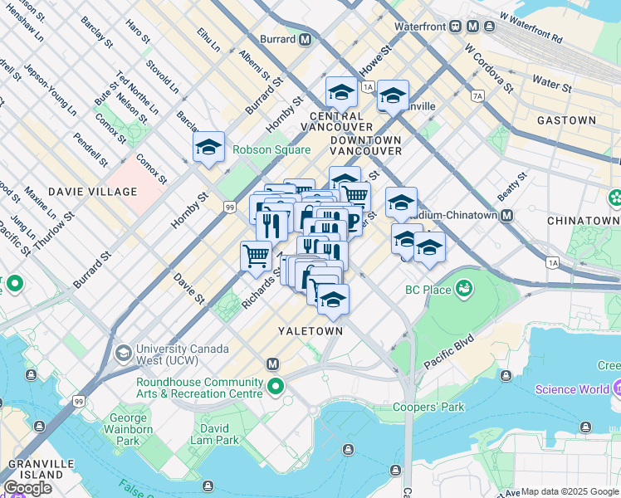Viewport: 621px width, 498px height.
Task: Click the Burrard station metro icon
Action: pyautogui.click(x=306, y=39)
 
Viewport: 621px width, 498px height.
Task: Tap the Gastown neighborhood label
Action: pyautogui.click(x=566, y=120)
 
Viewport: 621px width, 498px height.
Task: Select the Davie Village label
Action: pyautogui.click(x=92, y=192)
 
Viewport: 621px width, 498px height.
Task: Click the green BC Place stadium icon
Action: pyautogui.click(x=464, y=289)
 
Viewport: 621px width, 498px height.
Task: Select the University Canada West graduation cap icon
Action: pyautogui.click(x=123, y=354)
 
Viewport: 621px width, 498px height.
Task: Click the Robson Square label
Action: pyautogui.click(x=271, y=150)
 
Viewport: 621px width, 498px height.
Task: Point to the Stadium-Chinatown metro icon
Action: pyautogui.click(x=506, y=215)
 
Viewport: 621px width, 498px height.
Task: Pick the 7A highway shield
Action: pyautogui.click(x=477, y=96)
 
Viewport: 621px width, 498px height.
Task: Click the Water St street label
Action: pyautogui.click(x=552, y=84)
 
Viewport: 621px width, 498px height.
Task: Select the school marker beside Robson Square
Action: pyautogui.click(x=208, y=148)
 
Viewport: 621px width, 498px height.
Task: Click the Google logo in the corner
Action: pyautogui.click(x=27, y=488)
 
